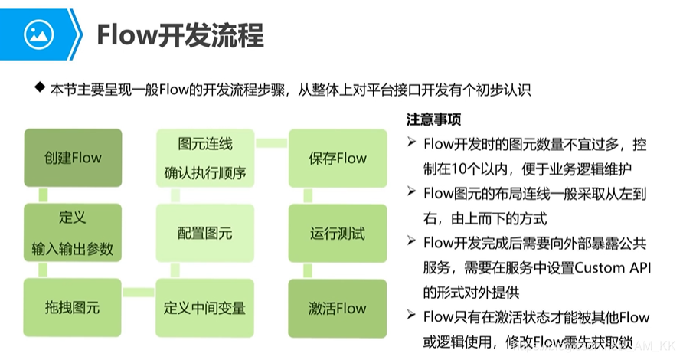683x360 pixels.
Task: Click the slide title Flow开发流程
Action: (x=180, y=35)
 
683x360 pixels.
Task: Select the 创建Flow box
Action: (x=73, y=159)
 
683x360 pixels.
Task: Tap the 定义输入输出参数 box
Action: (x=73, y=233)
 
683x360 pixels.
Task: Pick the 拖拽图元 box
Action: (x=73, y=308)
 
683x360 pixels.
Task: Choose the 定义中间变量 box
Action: (x=204, y=308)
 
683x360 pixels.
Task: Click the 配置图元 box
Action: (x=204, y=233)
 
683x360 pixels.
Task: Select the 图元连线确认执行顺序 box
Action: (x=204, y=159)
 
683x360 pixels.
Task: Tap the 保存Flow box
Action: (x=338, y=159)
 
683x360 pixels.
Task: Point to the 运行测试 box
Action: (x=338, y=233)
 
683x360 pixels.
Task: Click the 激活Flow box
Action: (x=338, y=308)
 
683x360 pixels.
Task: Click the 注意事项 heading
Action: (x=433, y=121)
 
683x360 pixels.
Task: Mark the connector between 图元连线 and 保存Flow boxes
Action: (x=271, y=142)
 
